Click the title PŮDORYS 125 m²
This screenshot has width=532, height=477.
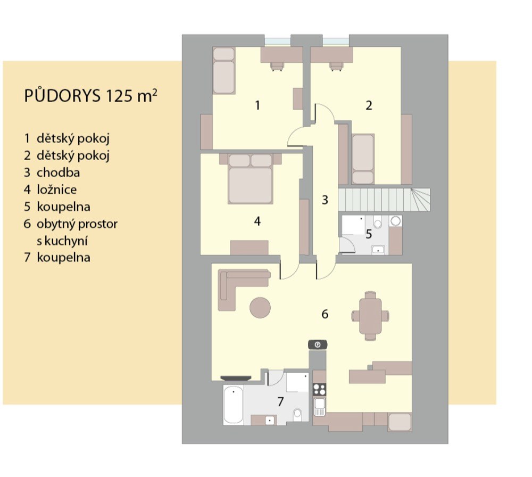coord(90,96)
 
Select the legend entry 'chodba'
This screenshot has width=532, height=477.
coord(58,172)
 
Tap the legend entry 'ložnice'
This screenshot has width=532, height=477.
coord(57,190)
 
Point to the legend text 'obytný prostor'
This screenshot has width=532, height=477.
coord(77,224)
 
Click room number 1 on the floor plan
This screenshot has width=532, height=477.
coord(257,105)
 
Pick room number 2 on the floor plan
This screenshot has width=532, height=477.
coord(369,105)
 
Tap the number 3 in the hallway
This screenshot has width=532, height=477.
coord(325,200)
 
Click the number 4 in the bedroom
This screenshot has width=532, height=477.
coord(257,221)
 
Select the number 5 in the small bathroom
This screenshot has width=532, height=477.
coord(369,234)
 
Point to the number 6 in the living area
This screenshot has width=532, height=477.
coord(325,314)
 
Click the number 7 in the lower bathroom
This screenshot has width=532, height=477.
coord(280,401)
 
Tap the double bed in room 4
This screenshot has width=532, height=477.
coord(251,178)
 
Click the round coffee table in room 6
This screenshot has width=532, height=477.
coord(260,308)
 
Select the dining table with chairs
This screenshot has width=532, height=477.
coord(370,316)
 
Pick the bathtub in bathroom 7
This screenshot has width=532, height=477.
coord(234,405)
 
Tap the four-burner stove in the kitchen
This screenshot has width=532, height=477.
coord(319,389)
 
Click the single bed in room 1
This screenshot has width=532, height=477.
coord(224,71)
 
